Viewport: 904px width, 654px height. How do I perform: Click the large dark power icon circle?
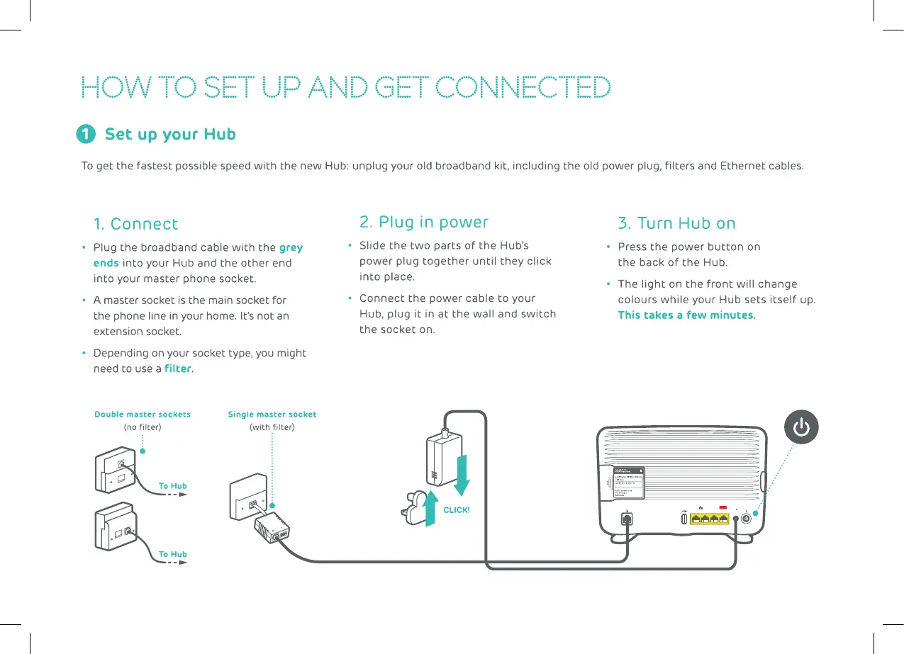[x=801, y=428]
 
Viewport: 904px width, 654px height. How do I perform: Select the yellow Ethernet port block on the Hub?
[x=709, y=519]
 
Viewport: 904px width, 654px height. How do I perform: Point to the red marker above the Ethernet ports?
[x=724, y=507]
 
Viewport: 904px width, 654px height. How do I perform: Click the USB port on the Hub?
[x=683, y=519]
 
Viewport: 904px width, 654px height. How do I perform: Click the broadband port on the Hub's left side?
[x=627, y=519]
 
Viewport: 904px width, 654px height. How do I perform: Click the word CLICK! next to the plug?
[x=457, y=510]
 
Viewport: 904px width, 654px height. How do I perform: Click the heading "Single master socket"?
[x=272, y=415]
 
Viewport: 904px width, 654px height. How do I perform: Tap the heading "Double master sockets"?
[x=143, y=415]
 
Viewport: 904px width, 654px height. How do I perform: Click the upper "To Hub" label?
[x=173, y=486]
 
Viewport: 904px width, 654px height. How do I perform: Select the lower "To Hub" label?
[x=173, y=554]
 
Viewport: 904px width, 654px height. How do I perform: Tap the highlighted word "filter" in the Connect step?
[x=177, y=368]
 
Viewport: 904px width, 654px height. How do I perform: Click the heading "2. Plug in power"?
[x=423, y=222]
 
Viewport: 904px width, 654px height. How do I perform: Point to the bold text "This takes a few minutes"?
[x=685, y=315]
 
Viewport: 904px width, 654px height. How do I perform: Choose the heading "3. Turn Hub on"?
[x=676, y=224]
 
